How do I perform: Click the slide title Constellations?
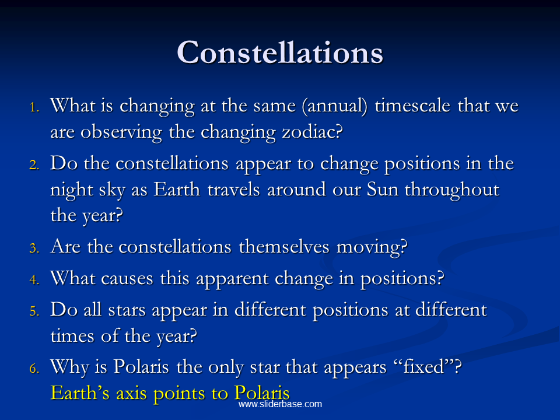(x=280, y=52)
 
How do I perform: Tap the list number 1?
(x=34, y=107)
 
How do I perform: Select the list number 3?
(x=34, y=248)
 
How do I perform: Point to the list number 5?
(x=34, y=311)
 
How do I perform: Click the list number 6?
(x=34, y=368)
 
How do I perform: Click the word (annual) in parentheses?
(x=335, y=106)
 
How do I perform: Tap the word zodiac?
(x=312, y=132)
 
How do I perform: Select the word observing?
(x=121, y=133)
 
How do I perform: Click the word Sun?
(x=383, y=189)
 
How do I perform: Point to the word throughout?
(x=452, y=190)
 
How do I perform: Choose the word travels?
(x=233, y=189)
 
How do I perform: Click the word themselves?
(x=284, y=246)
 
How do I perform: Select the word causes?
(x=127, y=279)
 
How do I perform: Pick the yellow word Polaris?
(x=262, y=393)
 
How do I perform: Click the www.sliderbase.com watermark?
(x=281, y=404)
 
